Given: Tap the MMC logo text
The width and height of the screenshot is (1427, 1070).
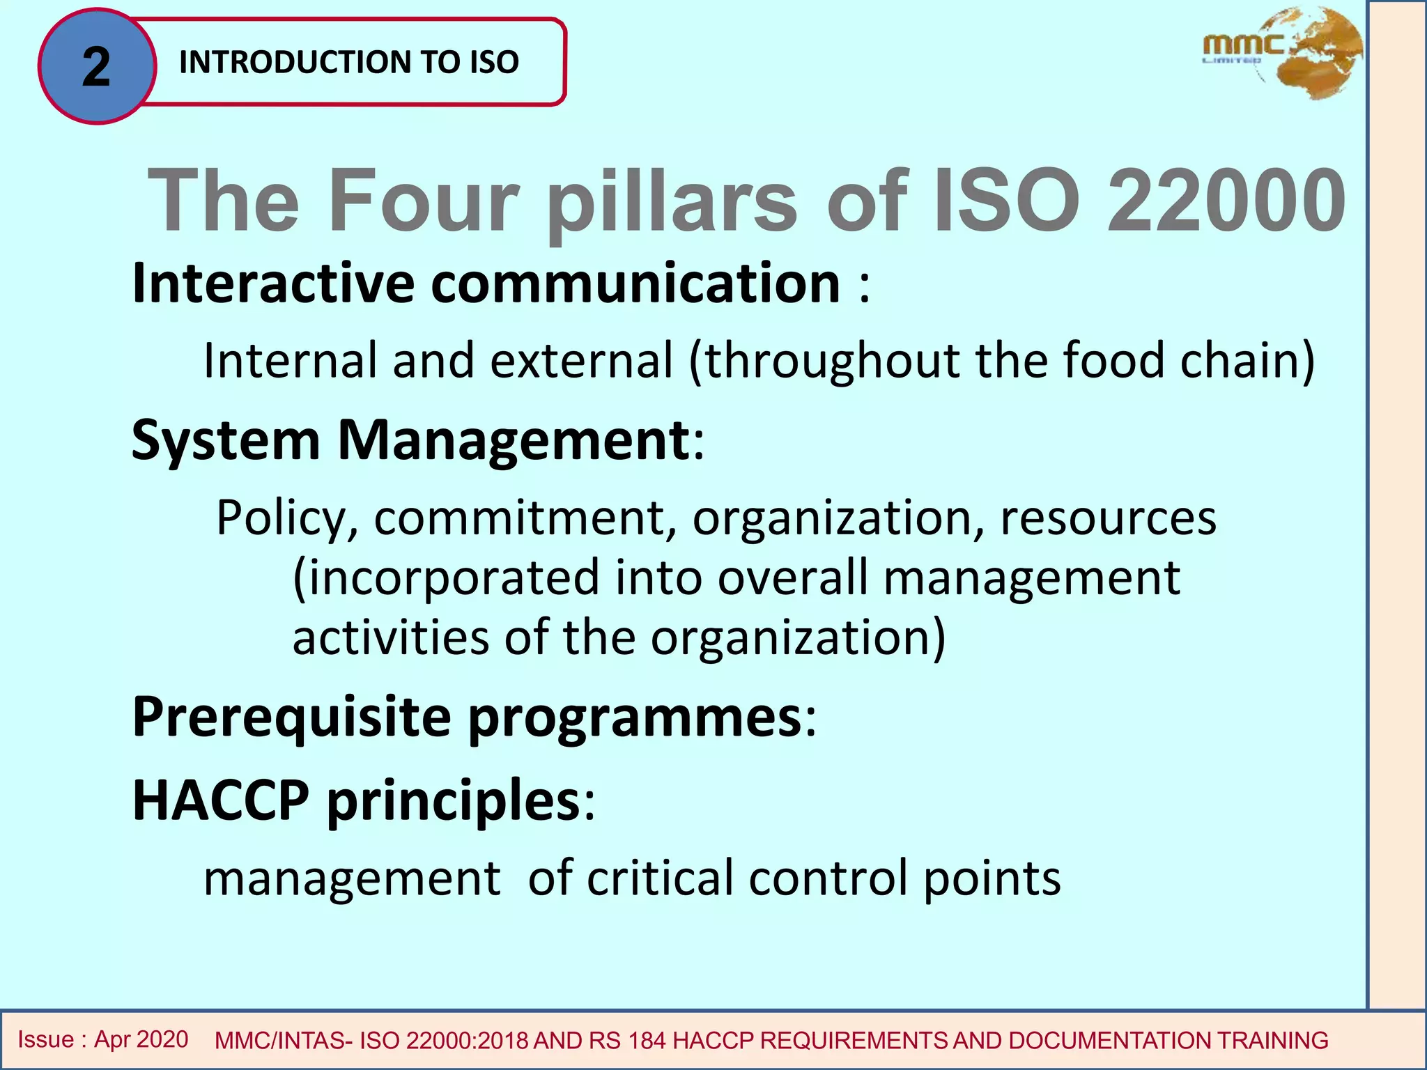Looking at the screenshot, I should (1243, 46).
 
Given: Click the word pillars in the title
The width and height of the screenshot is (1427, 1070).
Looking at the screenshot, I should (672, 202).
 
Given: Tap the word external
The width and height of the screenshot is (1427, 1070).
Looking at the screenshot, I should (581, 360).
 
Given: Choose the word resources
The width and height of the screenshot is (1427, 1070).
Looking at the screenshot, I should (1108, 518).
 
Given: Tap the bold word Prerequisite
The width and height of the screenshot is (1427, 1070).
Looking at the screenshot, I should (291, 717).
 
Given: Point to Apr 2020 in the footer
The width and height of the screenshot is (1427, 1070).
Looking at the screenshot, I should (141, 1039).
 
